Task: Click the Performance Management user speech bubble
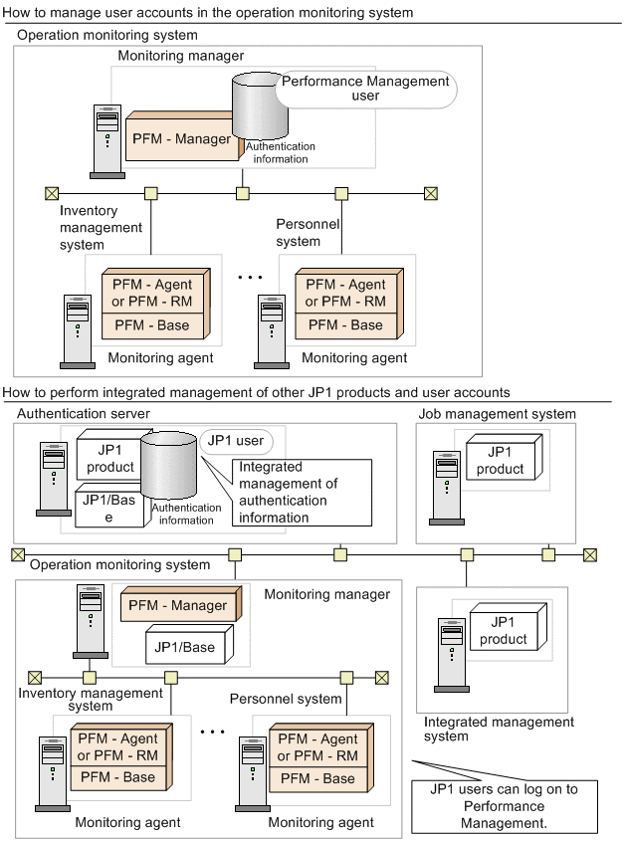point(364,89)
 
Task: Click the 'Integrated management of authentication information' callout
point(302,491)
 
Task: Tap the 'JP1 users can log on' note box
point(510,805)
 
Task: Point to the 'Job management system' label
point(497,413)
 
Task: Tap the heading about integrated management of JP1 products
point(257,392)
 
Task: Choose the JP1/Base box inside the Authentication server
point(106,509)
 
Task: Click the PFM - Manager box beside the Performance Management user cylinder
point(181,139)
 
